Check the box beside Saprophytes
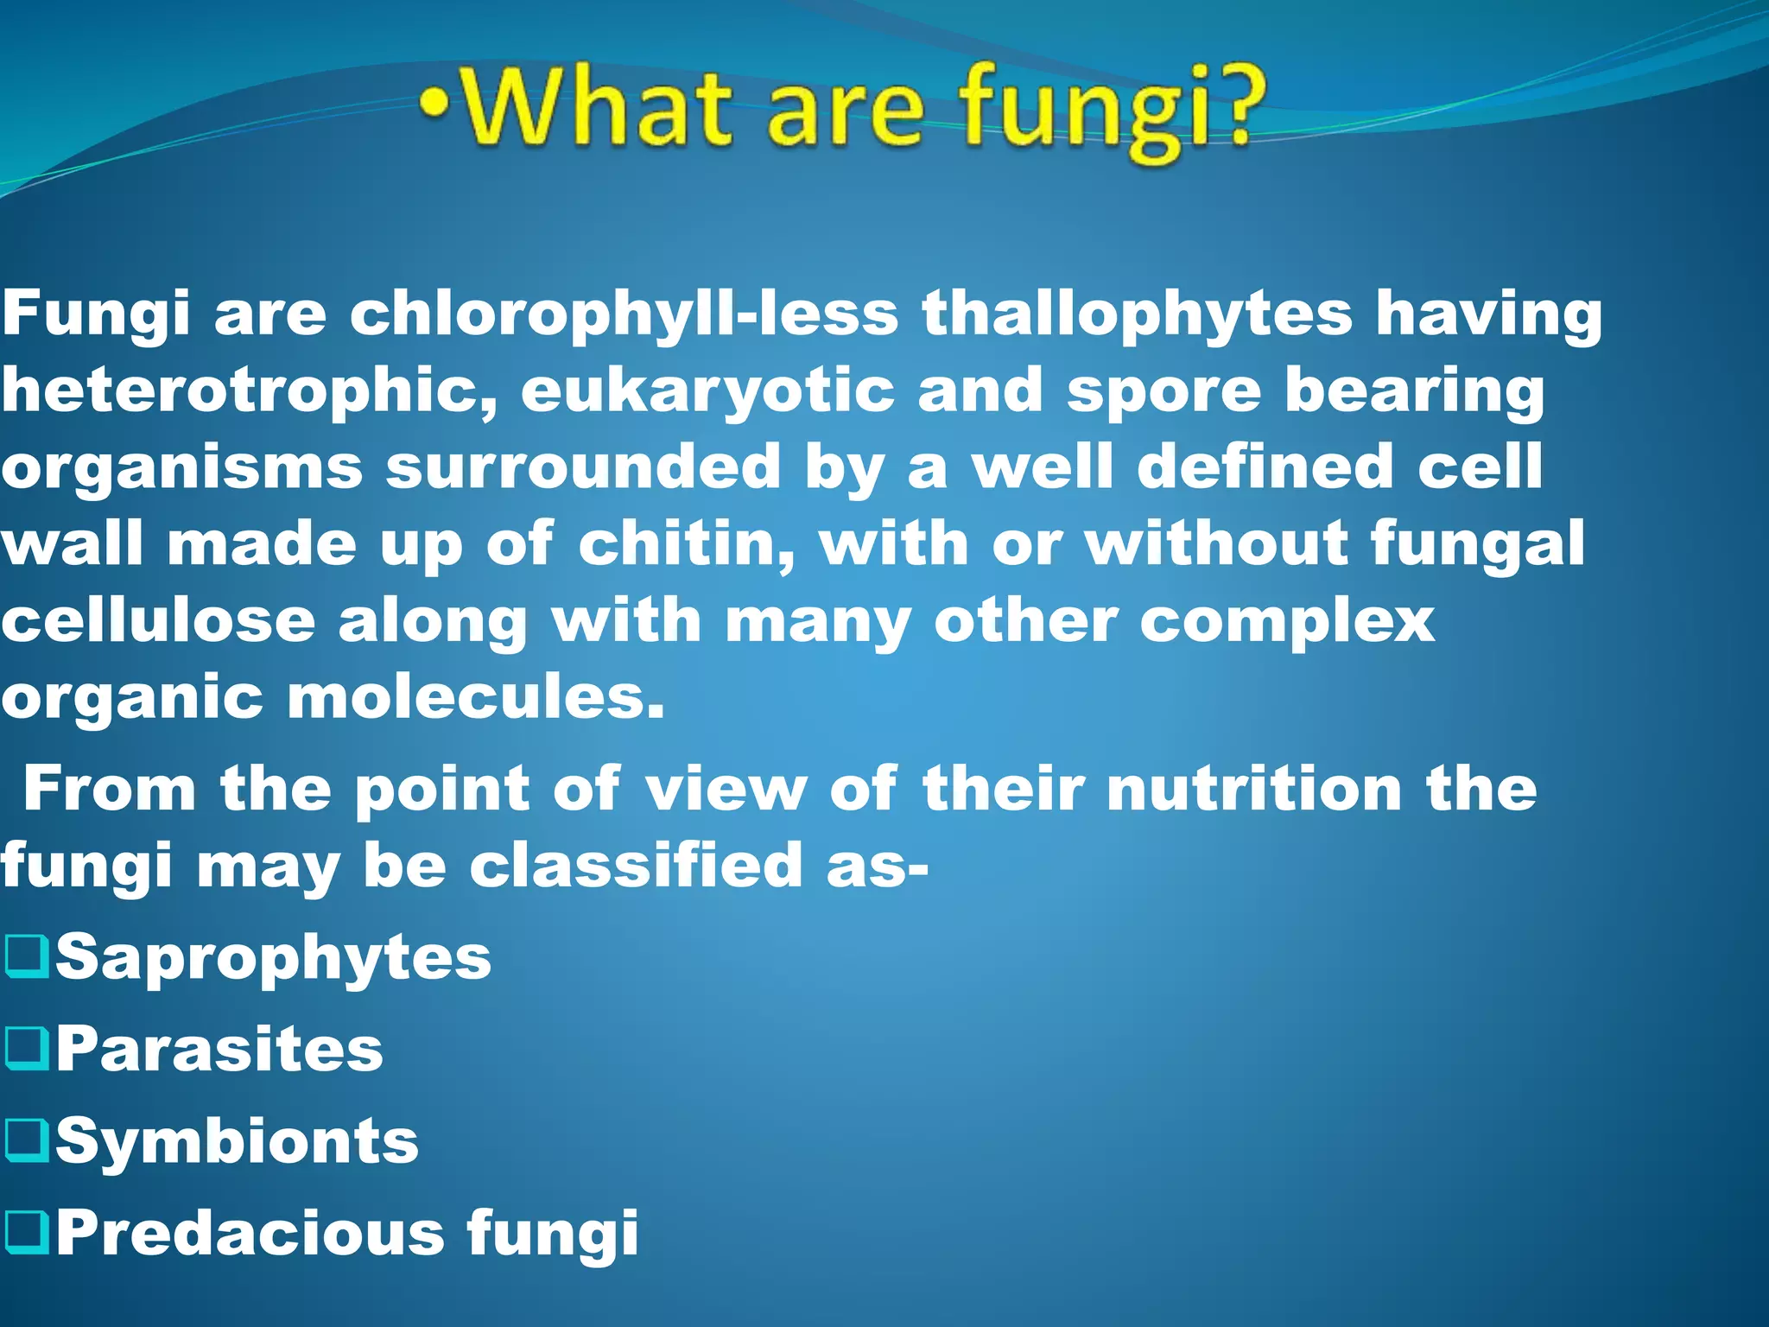pos(26,957)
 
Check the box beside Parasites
pos(26,1049)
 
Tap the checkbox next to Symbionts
pos(26,1140)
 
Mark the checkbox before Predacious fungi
pos(26,1232)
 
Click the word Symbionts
pos(237,1140)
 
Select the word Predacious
pos(250,1232)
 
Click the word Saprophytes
pos(273,957)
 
